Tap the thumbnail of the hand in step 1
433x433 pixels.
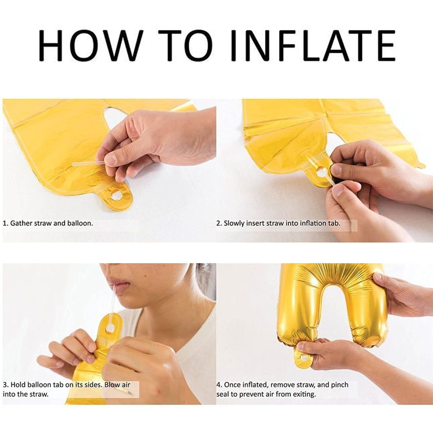point(111,159)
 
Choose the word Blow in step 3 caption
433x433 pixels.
point(113,385)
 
